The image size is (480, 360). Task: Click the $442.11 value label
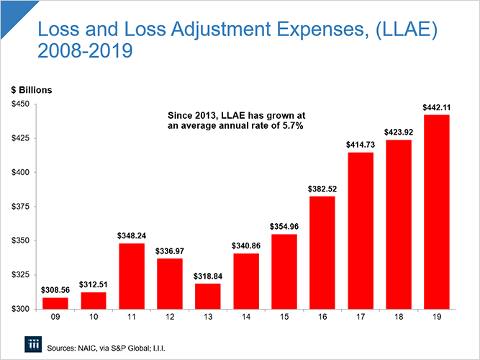438,108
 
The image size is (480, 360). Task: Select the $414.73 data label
361,145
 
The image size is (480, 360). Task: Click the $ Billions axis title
31,90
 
